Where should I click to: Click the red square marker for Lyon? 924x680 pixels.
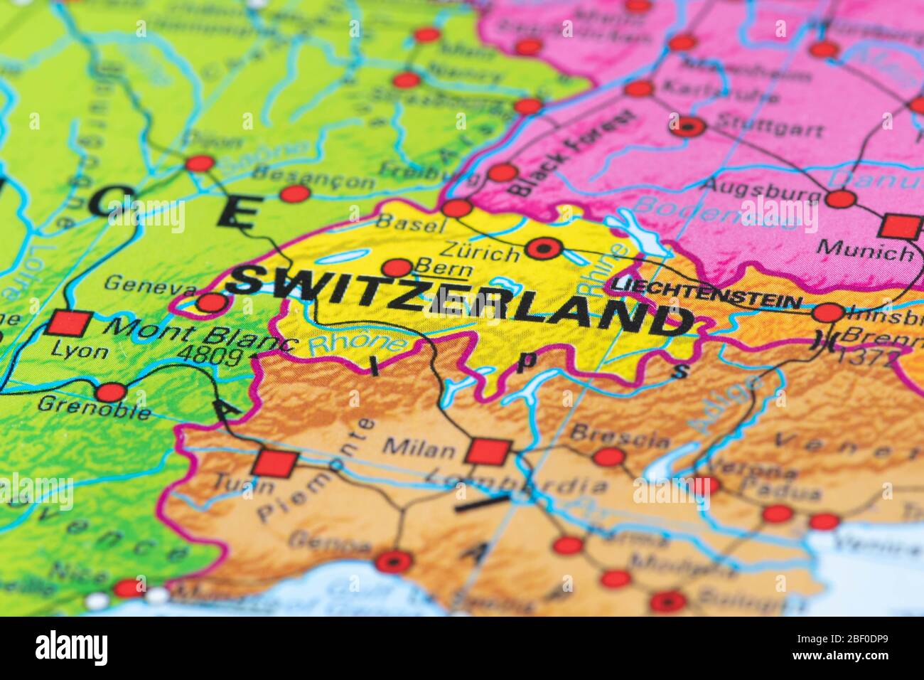coord(70,324)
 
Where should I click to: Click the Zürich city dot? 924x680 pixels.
coord(545,249)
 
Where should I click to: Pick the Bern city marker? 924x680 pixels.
coord(397,268)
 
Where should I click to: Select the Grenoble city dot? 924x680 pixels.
coord(112,392)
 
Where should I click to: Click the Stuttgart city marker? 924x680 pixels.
coord(688,127)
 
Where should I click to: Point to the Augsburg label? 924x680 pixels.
coord(755,186)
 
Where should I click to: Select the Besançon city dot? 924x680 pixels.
coord(295,193)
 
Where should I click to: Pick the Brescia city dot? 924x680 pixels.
coord(608,457)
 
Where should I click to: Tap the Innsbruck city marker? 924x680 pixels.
coord(829,313)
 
